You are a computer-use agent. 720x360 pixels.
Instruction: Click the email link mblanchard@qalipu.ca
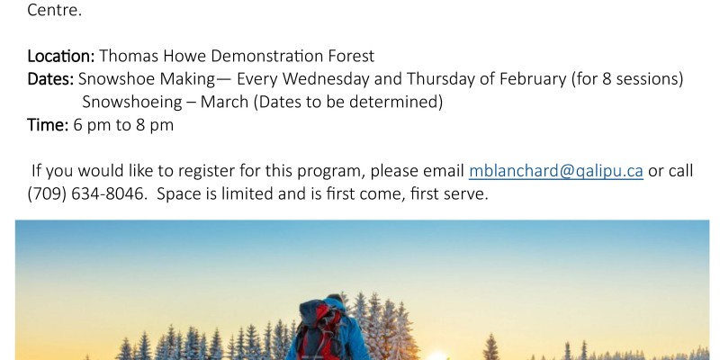click(x=555, y=171)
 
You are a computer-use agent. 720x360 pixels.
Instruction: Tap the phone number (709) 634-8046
click(x=85, y=193)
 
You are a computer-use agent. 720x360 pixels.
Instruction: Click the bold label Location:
click(x=61, y=56)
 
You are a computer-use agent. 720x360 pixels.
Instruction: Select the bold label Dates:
click(x=50, y=79)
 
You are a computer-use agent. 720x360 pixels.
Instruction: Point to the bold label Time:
click(x=48, y=125)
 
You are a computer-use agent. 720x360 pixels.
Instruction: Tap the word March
click(x=224, y=102)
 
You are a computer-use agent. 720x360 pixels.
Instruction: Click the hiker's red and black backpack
click(x=319, y=329)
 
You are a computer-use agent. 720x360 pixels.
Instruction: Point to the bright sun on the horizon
click(x=436, y=355)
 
